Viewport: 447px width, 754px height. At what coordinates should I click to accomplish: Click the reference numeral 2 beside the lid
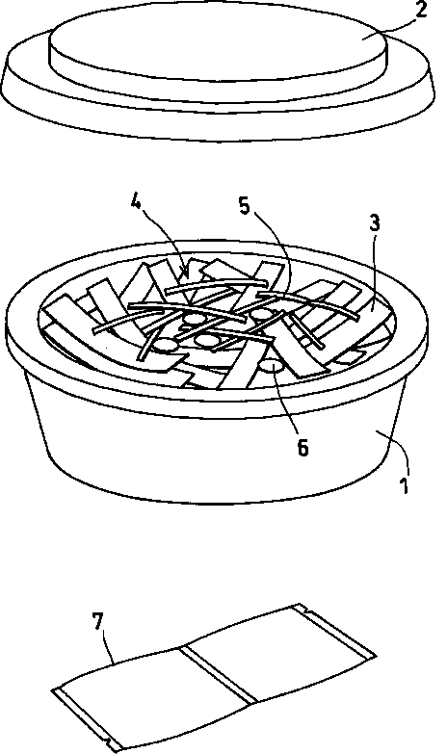pyautogui.click(x=421, y=10)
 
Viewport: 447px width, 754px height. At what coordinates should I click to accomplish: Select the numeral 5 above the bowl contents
pyautogui.click(x=245, y=206)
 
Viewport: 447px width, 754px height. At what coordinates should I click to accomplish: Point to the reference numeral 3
pyautogui.click(x=375, y=223)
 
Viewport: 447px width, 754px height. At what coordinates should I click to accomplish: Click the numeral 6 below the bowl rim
pyautogui.click(x=302, y=448)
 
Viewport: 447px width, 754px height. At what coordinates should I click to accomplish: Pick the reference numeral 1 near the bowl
pyautogui.click(x=406, y=485)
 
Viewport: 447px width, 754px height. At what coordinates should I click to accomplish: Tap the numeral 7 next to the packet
pyautogui.click(x=97, y=621)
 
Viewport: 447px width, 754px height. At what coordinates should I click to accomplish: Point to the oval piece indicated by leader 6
pyautogui.click(x=273, y=368)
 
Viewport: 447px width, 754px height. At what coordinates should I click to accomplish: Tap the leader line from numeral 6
pyautogui.click(x=288, y=403)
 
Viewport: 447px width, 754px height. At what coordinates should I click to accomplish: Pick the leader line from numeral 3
pyautogui.click(x=372, y=272)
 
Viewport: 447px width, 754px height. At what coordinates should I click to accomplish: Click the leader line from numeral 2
pyautogui.click(x=397, y=30)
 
